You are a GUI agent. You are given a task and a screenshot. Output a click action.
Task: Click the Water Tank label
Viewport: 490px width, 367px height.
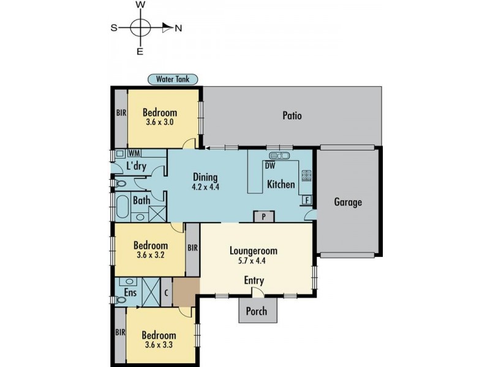pos(173,79)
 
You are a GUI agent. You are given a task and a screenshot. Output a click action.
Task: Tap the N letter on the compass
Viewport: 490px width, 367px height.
pos(178,28)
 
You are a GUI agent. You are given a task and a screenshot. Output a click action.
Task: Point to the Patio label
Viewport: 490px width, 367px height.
pos(292,116)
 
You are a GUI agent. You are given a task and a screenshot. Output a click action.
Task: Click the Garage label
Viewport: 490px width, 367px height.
pos(348,202)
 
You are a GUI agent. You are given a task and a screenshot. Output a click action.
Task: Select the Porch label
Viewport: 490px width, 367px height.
pos(257,311)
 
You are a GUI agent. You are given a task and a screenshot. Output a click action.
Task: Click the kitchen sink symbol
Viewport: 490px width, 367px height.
pos(279,155)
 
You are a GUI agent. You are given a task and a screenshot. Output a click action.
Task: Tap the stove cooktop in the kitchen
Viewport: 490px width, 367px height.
pos(306,176)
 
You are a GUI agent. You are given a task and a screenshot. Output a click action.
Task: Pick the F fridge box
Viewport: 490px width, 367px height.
pos(307,200)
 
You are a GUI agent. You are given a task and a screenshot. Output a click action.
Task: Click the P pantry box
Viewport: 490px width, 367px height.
pos(264,217)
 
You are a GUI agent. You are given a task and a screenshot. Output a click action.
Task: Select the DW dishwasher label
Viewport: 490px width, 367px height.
pos(270,166)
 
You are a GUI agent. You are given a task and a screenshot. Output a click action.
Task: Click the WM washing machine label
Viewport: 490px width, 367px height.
pos(134,153)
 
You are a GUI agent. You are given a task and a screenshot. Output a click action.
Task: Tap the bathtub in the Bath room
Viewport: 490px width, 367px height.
pos(122,207)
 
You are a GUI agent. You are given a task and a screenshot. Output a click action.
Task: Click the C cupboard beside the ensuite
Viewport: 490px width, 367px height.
pos(166,293)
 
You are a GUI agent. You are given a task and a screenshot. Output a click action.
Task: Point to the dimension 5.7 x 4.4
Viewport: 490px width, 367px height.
pos(252,261)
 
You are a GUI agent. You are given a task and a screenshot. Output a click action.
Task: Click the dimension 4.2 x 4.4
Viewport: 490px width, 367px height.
pos(205,187)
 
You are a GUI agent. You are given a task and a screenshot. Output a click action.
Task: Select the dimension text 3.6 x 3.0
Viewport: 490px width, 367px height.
pos(159,122)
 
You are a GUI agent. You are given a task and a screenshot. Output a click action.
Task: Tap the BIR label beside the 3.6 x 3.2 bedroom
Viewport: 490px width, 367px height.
pos(193,248)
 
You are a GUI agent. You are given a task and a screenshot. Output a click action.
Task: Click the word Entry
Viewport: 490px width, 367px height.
pos(254,280)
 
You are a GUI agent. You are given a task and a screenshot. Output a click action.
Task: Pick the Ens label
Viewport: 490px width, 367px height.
pos(130,292)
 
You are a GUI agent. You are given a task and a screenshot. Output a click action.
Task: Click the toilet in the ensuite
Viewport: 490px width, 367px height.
pos(121,300)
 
